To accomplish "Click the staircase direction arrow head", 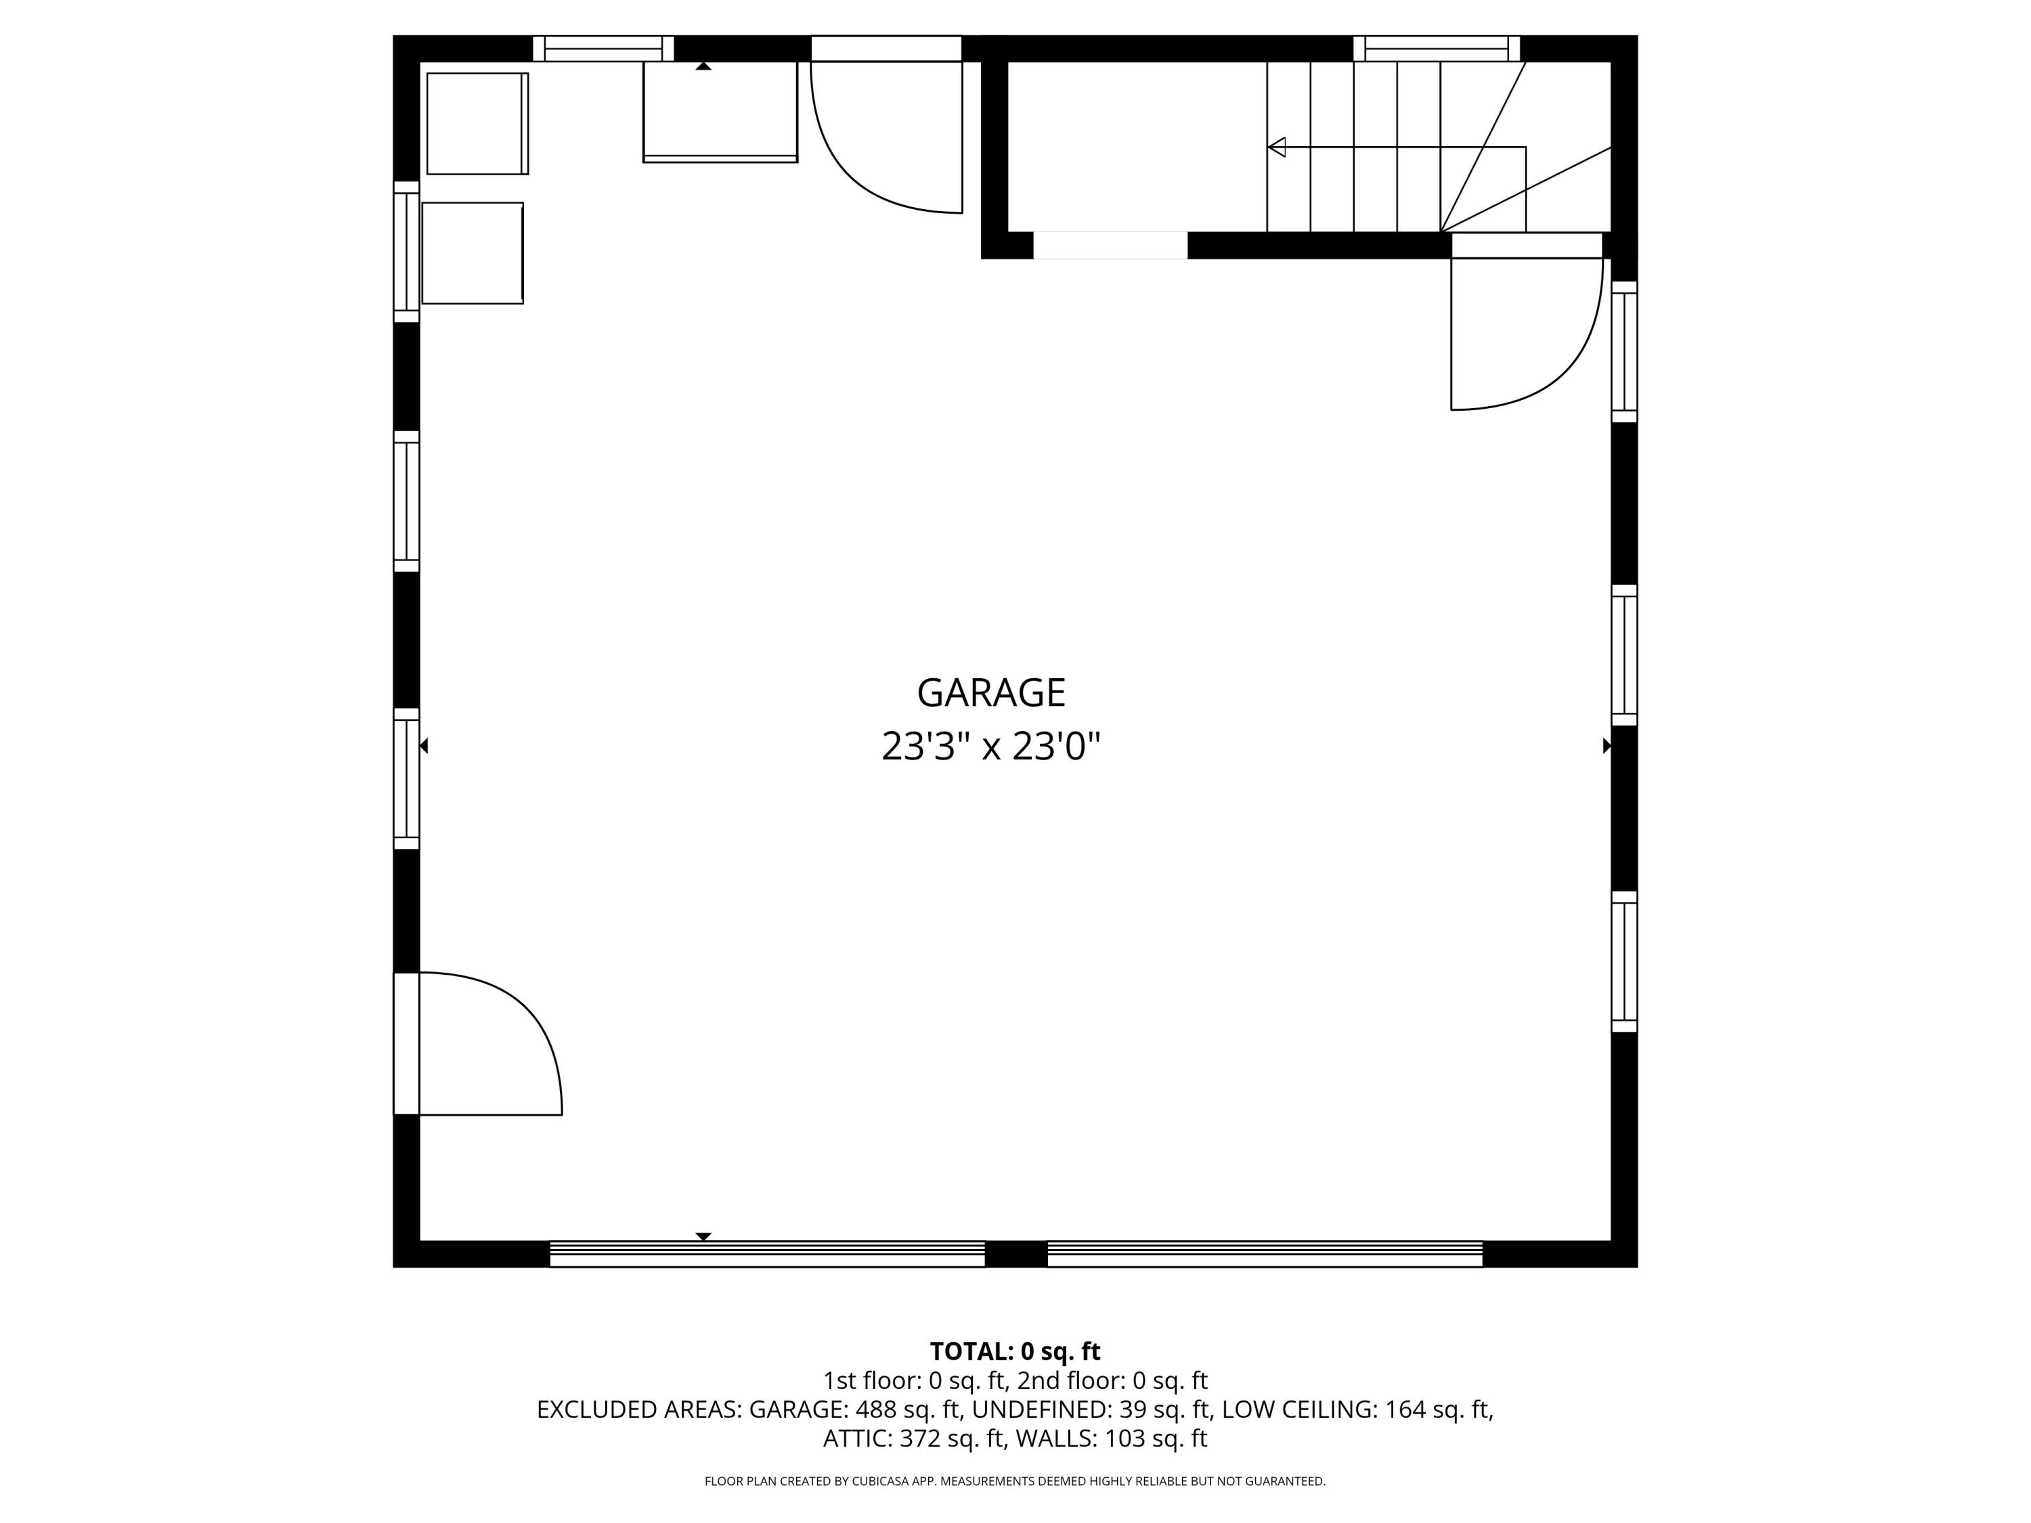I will pyautogui.click(x=1276, y=147).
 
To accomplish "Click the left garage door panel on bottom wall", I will pyautogui.click(x=766, y=1254).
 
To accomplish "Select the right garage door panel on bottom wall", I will pyautogui.click(x=1265, y=1254).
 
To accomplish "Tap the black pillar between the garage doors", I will pyautogui.click(x=1016, y=1254).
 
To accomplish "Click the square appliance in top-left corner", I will pyautogui.click(x=477, y=123).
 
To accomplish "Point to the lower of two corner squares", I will pyautogui.click(x=472, y=253).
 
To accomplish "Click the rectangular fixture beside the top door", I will pyautogui.click(x=720, y=111).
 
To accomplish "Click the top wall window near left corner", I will pyautogui.click(x=603, y=48).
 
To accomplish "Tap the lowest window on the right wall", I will pyautogui.click(x=1623, y=962).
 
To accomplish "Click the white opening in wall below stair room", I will pyautogui.click(x=1110, y=245).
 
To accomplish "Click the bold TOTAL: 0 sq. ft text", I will pyautogui.click(x=1015, y=1351).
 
